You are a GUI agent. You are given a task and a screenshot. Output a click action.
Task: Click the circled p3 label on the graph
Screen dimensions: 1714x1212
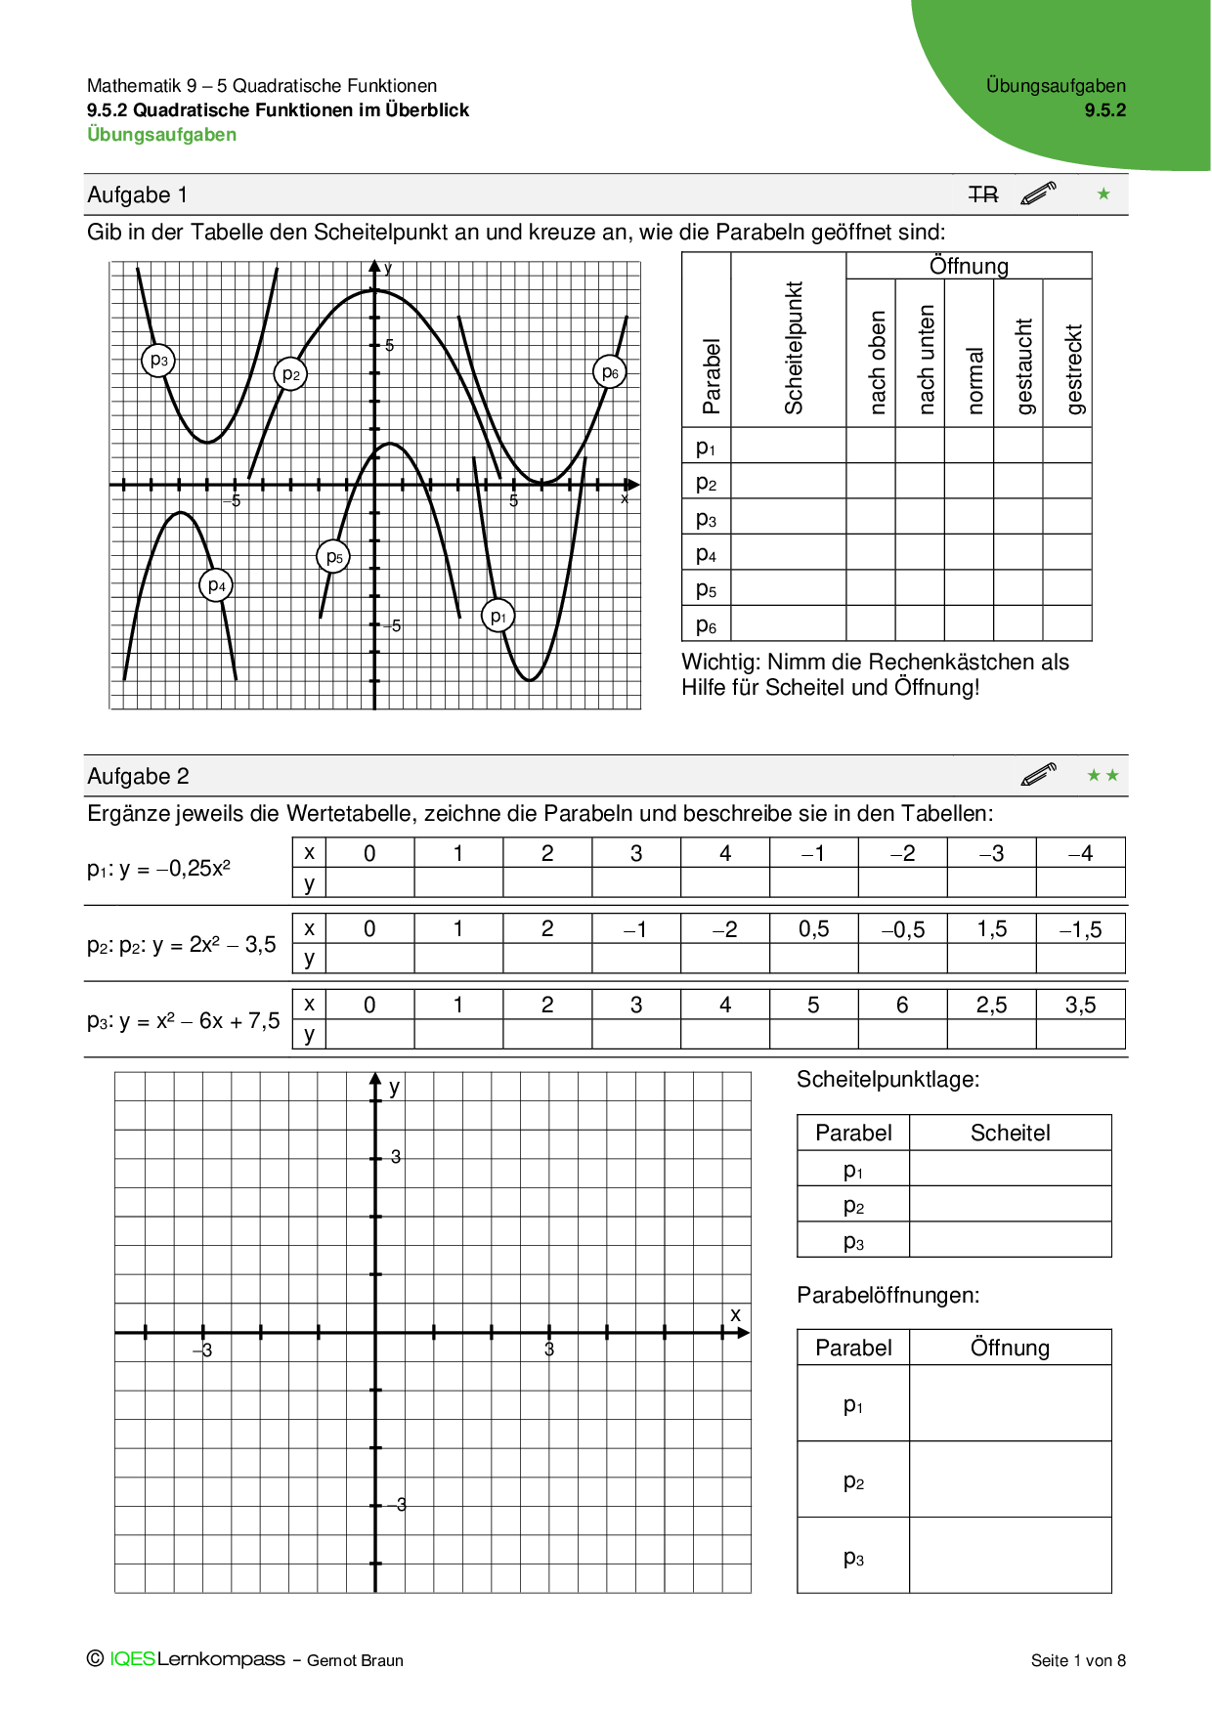[x=158, y=361]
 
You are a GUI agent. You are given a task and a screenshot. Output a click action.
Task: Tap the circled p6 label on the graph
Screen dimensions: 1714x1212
[x=610, y=372]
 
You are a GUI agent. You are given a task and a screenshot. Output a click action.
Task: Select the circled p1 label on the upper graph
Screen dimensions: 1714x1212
[x=498, y=617]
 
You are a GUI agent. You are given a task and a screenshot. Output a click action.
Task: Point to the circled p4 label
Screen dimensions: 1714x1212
[x=217, y=586]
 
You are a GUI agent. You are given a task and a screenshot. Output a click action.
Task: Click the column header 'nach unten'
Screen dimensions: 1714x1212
[x=926, y=359]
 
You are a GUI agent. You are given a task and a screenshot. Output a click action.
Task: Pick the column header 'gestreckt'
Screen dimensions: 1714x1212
[x=1073, y=369]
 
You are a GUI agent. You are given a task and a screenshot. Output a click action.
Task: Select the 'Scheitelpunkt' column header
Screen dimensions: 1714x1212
[x=793, y=348]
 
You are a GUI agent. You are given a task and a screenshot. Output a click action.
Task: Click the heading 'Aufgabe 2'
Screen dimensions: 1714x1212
[x=138, y=777]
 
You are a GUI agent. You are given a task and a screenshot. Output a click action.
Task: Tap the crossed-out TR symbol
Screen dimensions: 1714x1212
[x=983, y=195]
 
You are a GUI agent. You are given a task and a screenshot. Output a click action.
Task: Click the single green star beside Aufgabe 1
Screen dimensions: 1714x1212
[x=1104, y=194]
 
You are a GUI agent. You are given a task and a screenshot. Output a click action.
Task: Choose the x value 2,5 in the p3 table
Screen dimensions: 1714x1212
[x=991, y=1006]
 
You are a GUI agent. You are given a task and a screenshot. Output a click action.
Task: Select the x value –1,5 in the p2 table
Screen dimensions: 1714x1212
[x=1080, y=930]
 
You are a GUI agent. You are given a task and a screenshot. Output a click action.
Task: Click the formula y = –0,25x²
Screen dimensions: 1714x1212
[x=175, y=869]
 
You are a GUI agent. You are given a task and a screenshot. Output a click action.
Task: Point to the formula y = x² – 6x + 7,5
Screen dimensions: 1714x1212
[x=199, y=1021]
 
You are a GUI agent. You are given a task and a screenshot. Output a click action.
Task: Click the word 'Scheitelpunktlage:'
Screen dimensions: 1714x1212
[x=887, y=1080]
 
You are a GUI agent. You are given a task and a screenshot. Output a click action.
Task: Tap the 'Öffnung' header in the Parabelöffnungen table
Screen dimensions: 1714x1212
[x=1010, y=1349]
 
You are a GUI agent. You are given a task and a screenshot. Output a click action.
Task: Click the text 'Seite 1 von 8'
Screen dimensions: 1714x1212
[x=1078, y=1660]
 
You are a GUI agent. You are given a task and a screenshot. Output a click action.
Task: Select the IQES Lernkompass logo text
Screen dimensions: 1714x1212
[x=196, y=1659]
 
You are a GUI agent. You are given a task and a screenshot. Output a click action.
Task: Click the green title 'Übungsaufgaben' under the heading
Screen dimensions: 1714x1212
[x=161, y=135]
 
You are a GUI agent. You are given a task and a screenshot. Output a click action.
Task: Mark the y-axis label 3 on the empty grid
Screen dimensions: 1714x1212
[x=396, y=1157]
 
